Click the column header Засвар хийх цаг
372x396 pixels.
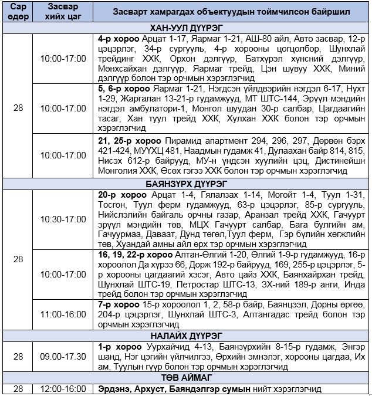pos(63,12)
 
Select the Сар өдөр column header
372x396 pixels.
pos(18,12)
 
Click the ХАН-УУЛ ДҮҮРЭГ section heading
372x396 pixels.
pos(185,28)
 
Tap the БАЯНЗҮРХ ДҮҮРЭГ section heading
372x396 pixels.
pos(185,183)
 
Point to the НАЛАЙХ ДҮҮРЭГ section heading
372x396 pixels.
pos(185,335)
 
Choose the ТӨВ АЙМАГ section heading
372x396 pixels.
pos(185,377)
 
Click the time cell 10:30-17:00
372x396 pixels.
pos(63,219)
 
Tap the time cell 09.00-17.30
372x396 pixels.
pos(63,356)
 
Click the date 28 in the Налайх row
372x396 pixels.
pos(18,356)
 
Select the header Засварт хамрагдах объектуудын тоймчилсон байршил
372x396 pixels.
pos(232,12)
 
